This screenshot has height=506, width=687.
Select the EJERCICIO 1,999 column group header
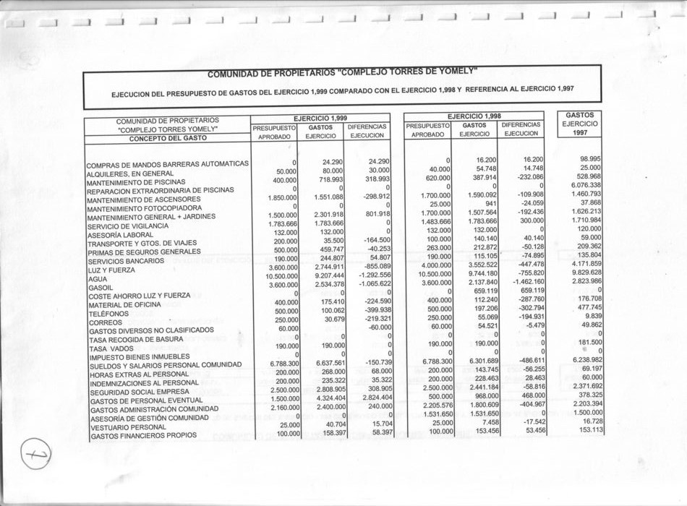[x=320, y=117]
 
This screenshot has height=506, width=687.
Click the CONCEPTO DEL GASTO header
[x=167, y=138]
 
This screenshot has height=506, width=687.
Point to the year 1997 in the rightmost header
[x=580, y=133]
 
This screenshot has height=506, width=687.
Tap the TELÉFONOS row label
[x=108, y=314]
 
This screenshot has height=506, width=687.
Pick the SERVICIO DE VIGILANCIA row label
[x=129, y=226]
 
